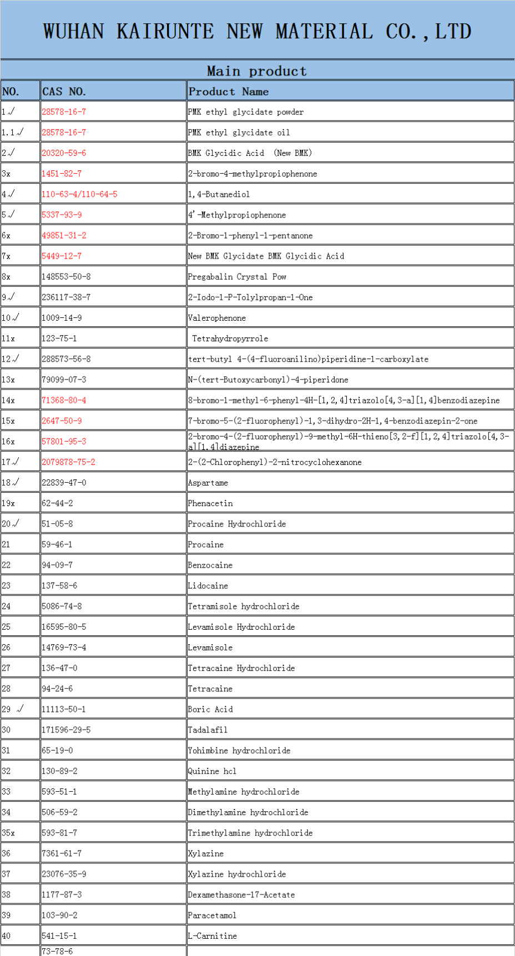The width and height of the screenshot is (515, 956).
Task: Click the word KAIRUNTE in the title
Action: pyautogui.click(x=165, y=31)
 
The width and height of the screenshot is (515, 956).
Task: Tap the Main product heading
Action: pyautogui.click(x=256, y=71)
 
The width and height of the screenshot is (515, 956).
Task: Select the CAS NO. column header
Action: pyautogui.click(x=64, y=92)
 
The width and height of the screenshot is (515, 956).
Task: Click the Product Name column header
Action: pyautogui.click(x=228, y=92)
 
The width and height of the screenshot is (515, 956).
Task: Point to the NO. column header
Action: pyautogui.click(x=11, y=92)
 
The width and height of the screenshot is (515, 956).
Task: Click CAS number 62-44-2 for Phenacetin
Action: pyautogui.click(x=57, y=503)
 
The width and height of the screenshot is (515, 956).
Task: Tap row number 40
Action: pyautogui.click(x=6, y=935)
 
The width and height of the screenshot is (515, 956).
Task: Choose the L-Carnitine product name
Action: pyautogui.click(x=213, y=935)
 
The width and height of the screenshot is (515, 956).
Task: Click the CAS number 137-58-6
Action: pyautogui.click(x=59, y=585)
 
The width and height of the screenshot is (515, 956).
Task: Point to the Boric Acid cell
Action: pyautogui.click(x=210, y=709)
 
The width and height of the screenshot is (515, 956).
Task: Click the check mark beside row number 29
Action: pyautogui.click(x=21, y=709)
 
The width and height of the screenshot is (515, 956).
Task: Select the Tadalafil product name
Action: pyautogui.click(x=208, y=730)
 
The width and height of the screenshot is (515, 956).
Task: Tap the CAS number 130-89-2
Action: pyautogui.click(x=59, y=771)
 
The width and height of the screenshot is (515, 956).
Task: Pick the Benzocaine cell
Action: pyautogui.click(x=210, y=565)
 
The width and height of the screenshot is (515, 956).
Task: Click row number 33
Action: pyautogui.click(x=6, y=791)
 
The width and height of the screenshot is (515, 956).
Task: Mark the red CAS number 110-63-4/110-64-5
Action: pyautogui.click(x=79, y=194)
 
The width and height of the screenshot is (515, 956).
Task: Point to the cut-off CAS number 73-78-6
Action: pyautogui.click(x=57, y=951)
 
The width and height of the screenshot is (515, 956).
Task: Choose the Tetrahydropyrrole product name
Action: pyautogui.click(x=230, y=338)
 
